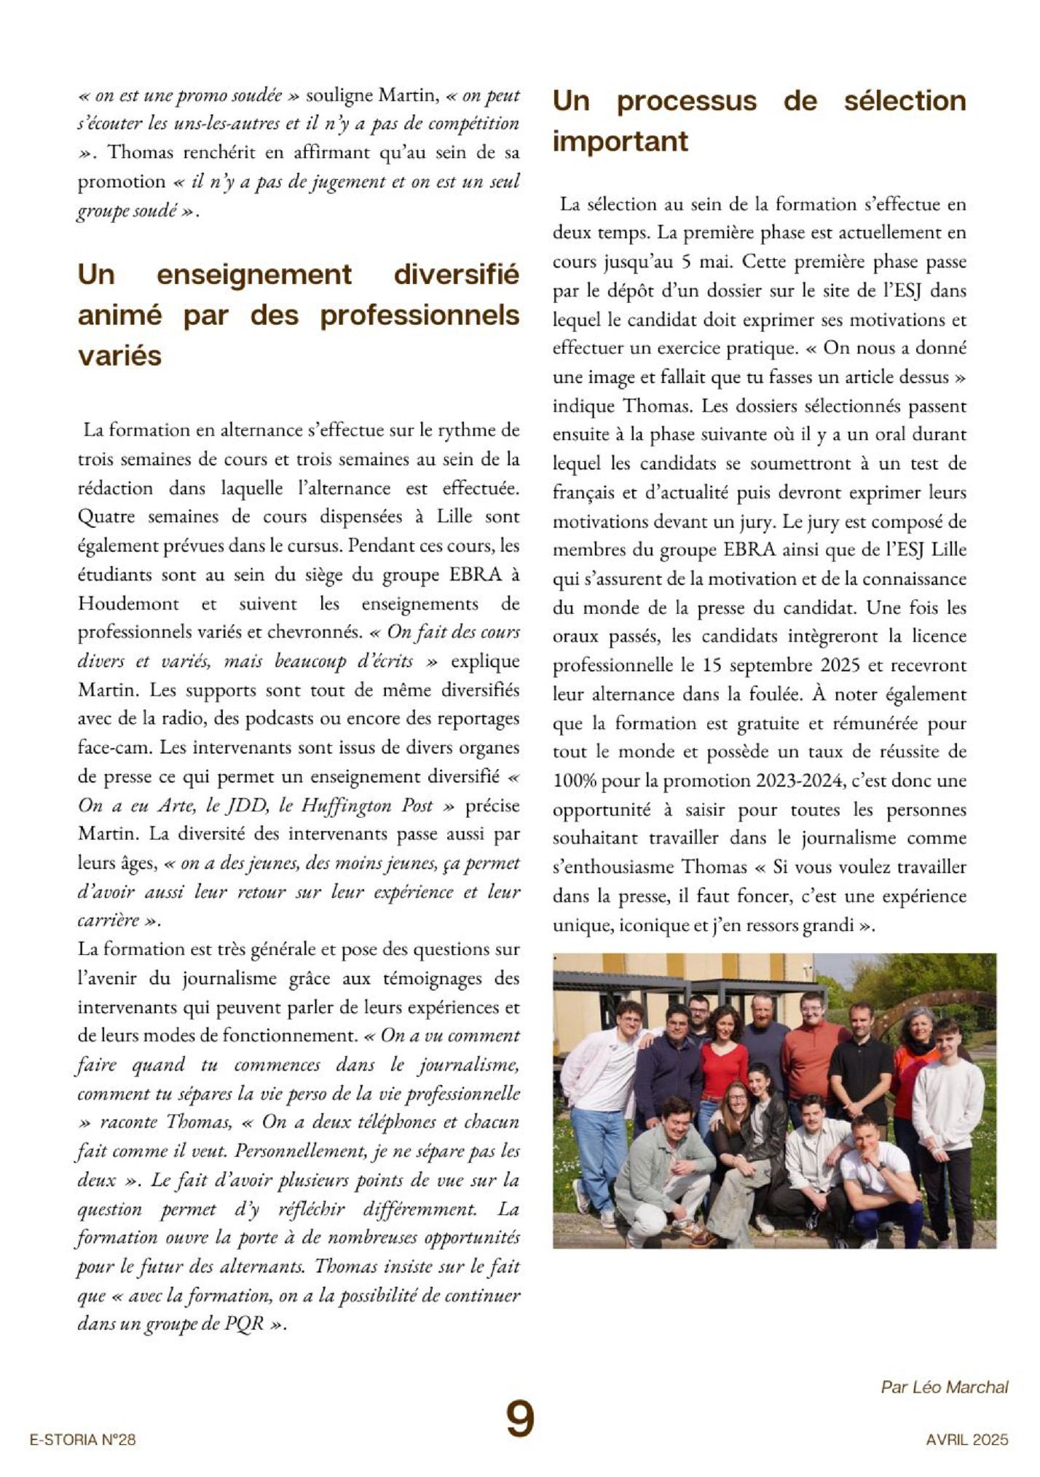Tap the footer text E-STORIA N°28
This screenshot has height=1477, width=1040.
click(82, 1440)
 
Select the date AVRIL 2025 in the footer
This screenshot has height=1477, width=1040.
click(966, 1440)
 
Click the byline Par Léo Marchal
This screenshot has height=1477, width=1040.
click(944, 1387)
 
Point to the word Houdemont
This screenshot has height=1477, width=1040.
click(128, 604)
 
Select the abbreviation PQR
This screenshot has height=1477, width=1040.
click(244, 1323)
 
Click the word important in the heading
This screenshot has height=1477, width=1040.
click(620, 141)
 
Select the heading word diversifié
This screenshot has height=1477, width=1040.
click(456, 275)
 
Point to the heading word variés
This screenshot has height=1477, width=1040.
click(119, 356)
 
